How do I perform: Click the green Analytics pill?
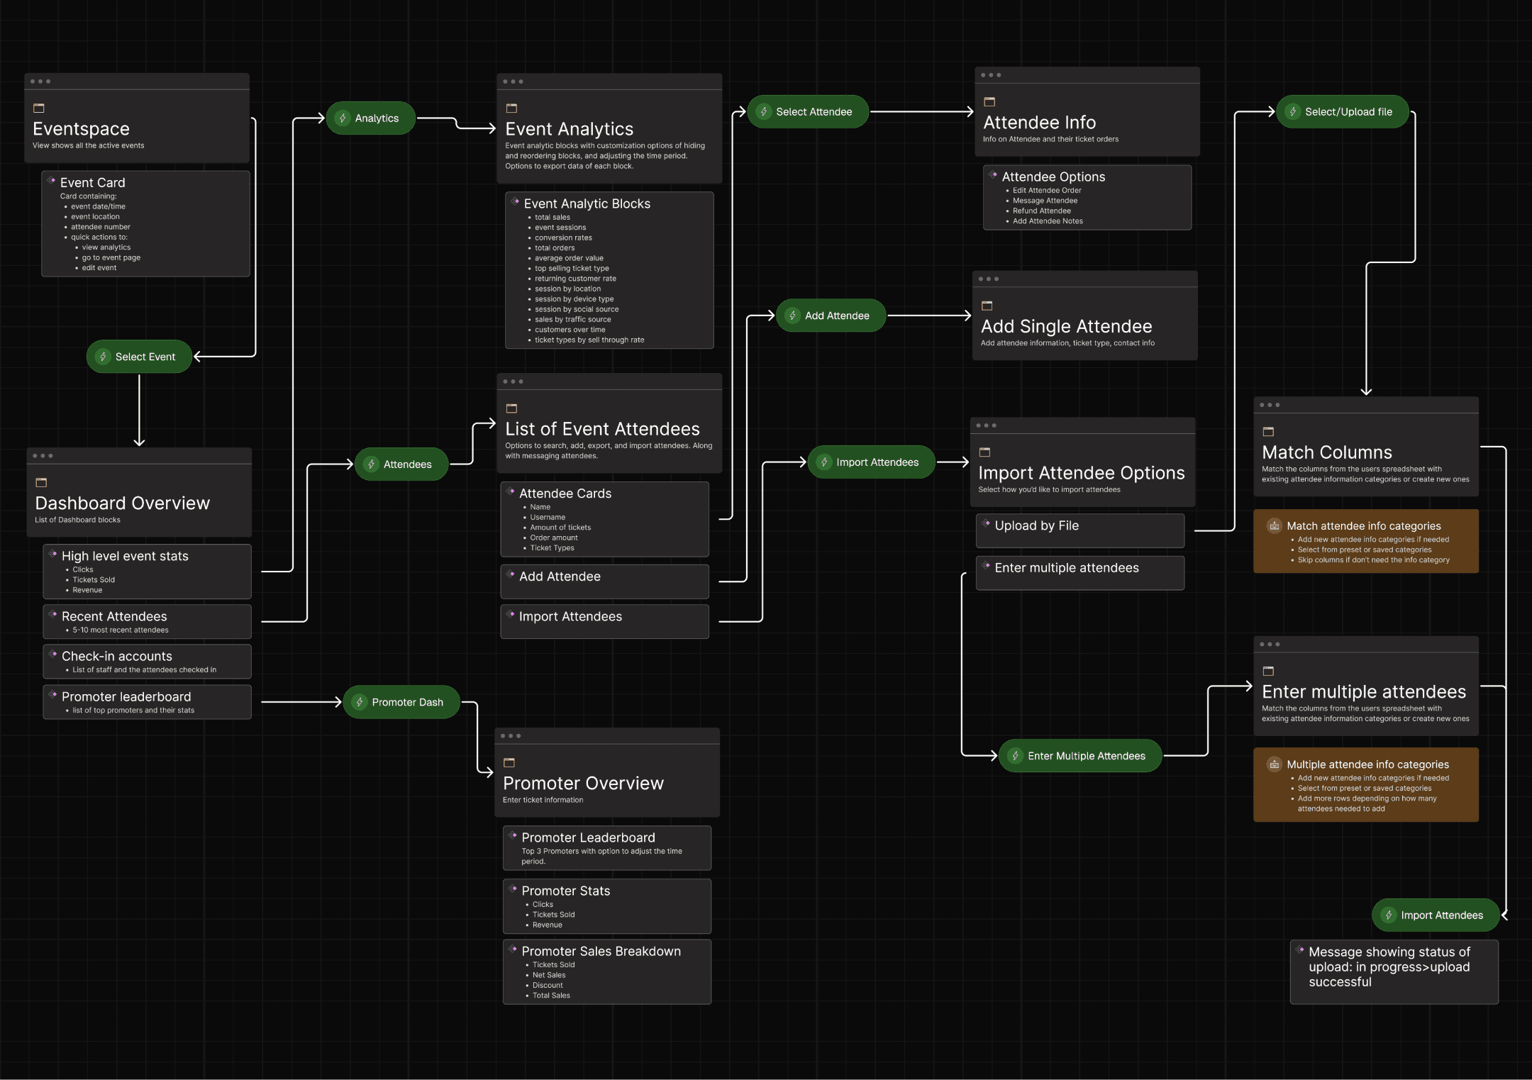click(x=371, y=118)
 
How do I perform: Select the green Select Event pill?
click(x=140, y=357)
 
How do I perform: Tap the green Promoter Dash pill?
click(x=401, y=702)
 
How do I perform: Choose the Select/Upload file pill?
click(x=1342, y=112)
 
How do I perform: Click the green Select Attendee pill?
click(x=808, y=112)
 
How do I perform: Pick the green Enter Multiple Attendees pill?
click(x=1080, y=756)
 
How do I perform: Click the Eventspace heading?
click(x=82, y=129)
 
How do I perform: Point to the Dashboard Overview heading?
click(x=123, y=503)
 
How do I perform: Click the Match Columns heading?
click(x=1327, y=452)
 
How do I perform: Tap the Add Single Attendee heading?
click(x=1067, y=327)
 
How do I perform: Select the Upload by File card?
click(x=1079, y=530)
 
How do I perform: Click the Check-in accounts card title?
click(x=117, y=657)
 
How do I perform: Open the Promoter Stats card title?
click(x=566, y=891)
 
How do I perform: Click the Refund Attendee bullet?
click(x=1042, y=211)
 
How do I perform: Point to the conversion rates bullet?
click(x=563, y=238)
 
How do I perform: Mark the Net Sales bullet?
click(x=549, y=976)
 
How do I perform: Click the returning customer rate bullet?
click(x=575, y=279)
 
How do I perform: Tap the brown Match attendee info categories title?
click(x=1364, y=526)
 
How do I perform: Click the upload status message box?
click(x=1394, y=971)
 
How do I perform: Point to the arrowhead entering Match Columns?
click(x=1366, y=391)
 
